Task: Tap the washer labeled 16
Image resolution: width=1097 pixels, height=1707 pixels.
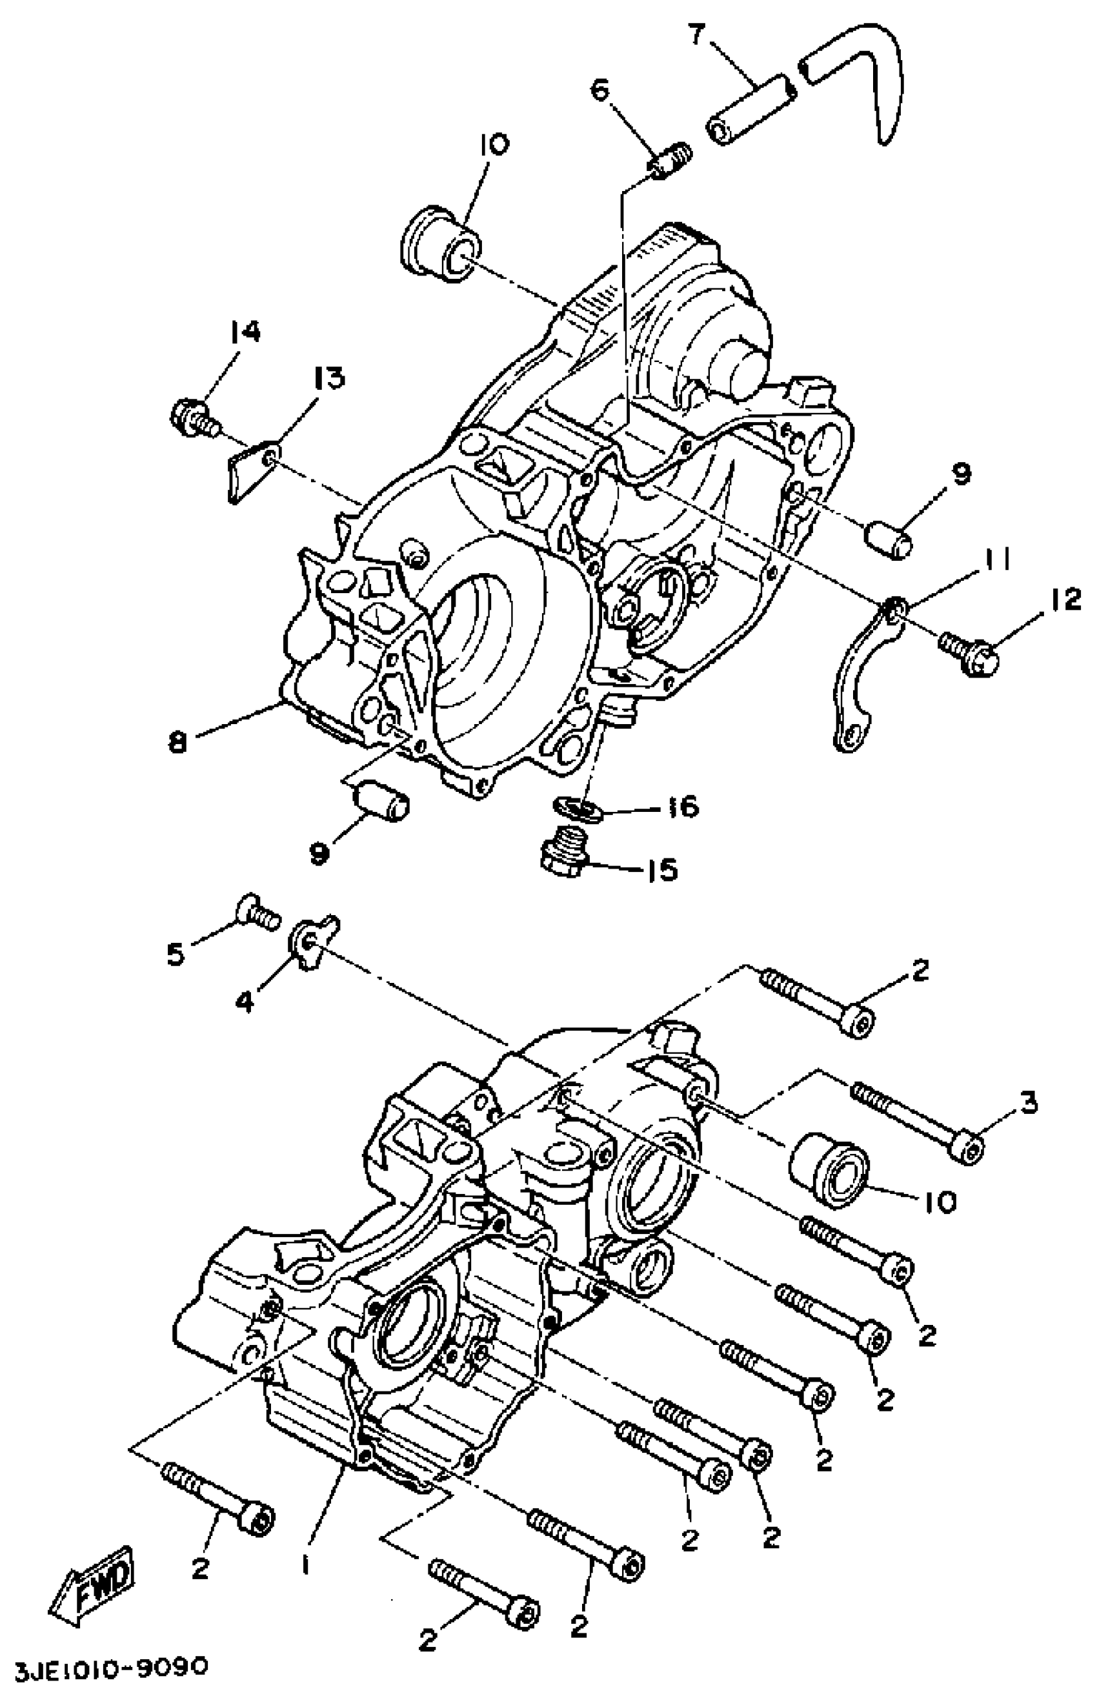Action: pos(577,809)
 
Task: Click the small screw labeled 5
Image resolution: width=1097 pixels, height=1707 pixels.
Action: pos(256,911)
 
